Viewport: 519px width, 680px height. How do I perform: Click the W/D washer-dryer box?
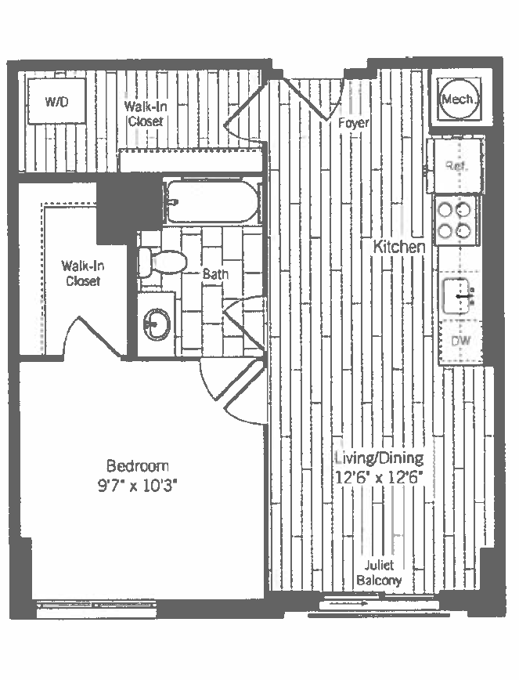(x=55, y=101)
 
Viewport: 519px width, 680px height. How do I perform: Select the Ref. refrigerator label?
(x=455, y=165)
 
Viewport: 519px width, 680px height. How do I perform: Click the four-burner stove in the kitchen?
(x=456, y=220)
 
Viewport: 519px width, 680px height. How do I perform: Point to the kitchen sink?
(x=458, y=296)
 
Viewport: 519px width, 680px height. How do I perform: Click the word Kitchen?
(x=399, y=247)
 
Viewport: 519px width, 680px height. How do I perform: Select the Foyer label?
(x=353, y=124)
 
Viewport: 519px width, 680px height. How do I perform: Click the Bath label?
(x=215, y=274)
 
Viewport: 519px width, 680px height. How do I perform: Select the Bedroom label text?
(x=138, y=465)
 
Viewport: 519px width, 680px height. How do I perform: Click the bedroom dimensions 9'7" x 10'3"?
(x=138, y=484)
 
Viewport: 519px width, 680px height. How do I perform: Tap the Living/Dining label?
(x=379, y=458)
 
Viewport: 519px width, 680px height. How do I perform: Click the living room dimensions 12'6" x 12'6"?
(x=379, y=476)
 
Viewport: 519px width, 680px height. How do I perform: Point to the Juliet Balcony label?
(x=379, y=573)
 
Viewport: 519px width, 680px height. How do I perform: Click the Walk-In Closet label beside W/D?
(x=144, y=113)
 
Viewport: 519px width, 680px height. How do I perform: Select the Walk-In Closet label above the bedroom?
(x=82, y=273)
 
